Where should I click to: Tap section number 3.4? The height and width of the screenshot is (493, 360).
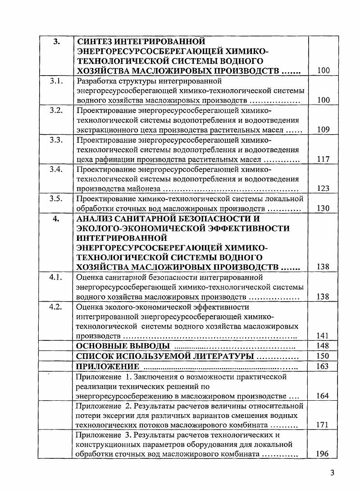[x=56, y=170]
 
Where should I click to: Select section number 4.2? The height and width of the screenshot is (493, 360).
[x=56, y=307]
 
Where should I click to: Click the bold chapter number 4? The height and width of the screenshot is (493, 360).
[x=56, y=219]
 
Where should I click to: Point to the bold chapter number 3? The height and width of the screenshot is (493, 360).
[x=56, y=42]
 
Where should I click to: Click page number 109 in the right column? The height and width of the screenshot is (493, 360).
[x=323, y=130]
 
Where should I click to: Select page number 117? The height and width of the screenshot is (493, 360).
[x=323, y=159]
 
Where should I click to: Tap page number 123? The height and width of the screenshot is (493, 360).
[x=323, y=189]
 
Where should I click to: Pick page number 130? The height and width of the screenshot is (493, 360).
[x=323, y=208]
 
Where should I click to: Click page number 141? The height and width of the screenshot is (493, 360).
[x=323, y=335]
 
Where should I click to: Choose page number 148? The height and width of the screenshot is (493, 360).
[x=323, y=346]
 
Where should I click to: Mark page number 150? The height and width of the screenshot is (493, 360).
[x=323, y=356]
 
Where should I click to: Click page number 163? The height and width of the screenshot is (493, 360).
[x=323, y=366]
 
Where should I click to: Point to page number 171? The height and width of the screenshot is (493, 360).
[x=323, y=425]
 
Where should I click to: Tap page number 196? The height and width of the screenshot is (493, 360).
[x=323, y=454]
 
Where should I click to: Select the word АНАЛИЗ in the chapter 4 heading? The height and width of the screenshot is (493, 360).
[x=96, y=219]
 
